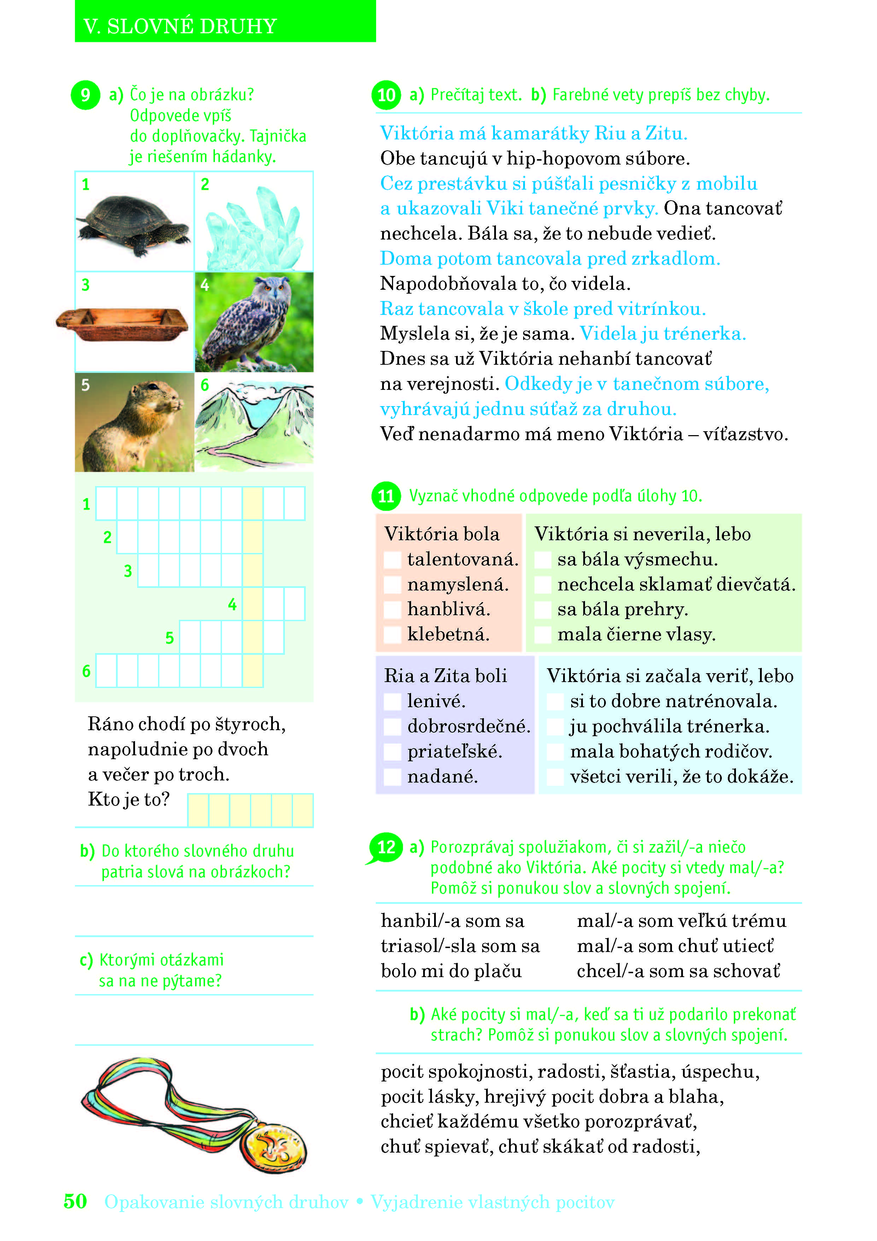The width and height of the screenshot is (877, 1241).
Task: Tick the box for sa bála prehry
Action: (x=542, y=610)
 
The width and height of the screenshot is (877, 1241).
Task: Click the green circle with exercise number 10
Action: (x=386, y=95)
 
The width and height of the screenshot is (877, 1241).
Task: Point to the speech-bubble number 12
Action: (x=386, y=847)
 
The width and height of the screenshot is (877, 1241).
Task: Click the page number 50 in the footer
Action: (x=75, y=1201)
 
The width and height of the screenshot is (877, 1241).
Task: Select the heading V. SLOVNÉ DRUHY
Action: (x=180, y=26)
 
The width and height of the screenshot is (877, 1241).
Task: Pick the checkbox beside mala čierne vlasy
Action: (x=542, y=635)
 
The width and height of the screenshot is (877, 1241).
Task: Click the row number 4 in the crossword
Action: (x=232, y=604)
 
